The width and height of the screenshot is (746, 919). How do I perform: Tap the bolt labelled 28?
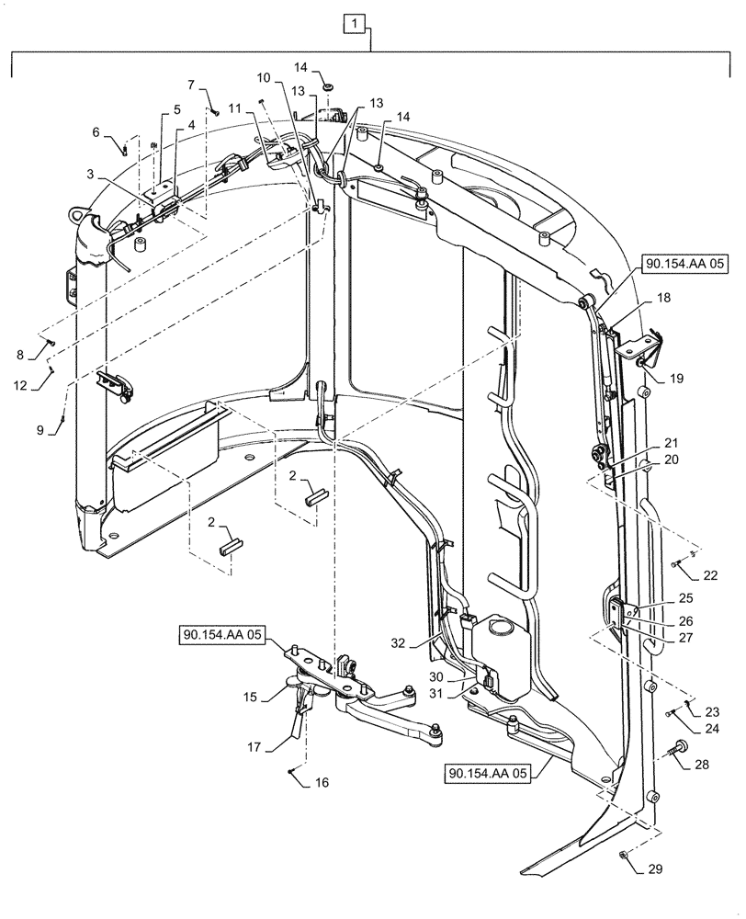pos(683,748)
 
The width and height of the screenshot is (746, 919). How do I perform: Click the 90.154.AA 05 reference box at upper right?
pos(684,265)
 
